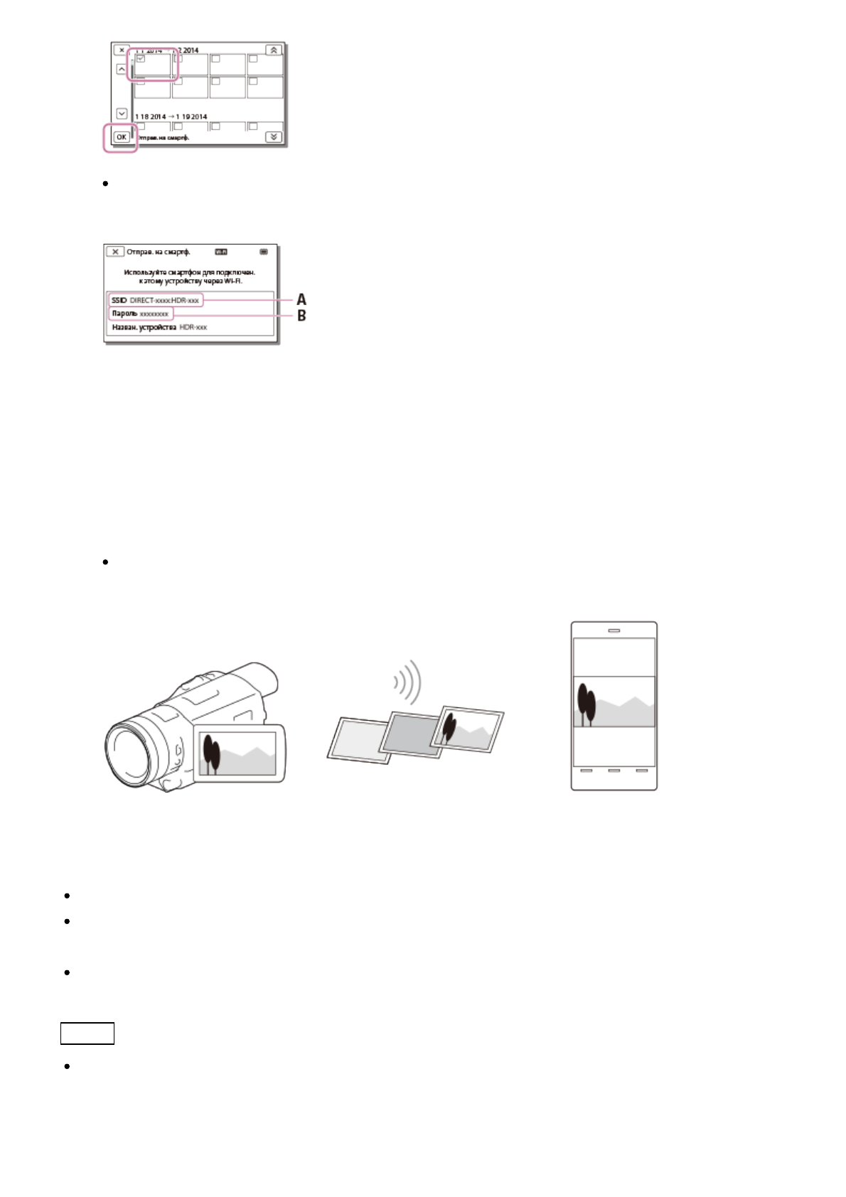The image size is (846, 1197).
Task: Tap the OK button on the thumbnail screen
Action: (122, 136)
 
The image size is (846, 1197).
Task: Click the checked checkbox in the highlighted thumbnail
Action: (141, 58)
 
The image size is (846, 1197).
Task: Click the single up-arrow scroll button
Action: (122, 70)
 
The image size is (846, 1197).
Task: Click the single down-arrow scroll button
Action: (122, 114)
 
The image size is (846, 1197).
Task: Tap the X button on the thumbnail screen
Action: (122, 50)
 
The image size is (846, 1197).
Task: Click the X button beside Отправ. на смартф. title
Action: (115, 252)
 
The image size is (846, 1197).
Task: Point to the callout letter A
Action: (301, 300)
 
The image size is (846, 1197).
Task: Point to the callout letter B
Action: (301, 316)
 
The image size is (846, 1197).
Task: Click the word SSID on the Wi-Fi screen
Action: (119, 301)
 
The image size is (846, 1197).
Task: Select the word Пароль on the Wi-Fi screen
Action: (124, 313)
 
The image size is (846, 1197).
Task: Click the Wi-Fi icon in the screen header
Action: (221, 252)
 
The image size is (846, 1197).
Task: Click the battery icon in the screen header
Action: (264, 252)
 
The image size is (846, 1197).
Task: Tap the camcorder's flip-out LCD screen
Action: (240, 753)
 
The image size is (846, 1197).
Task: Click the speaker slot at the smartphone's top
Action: (614, 630)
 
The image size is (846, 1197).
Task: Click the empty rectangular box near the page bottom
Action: (87, 1034)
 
